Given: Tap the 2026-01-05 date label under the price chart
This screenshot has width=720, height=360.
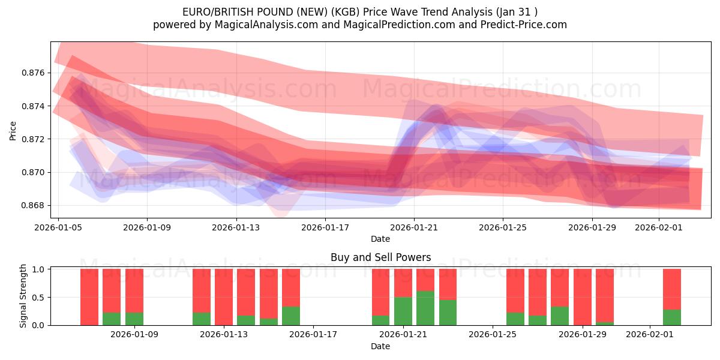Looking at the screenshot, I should click(x=58, y=227).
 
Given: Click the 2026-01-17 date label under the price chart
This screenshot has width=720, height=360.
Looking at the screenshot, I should click(x=325, y=227).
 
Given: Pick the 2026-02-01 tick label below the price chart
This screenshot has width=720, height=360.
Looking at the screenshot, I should click(x=659, y=227).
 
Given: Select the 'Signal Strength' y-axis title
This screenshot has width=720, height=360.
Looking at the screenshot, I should click(x=23, y=296).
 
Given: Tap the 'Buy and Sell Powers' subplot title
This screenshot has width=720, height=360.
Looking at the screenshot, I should click(x=380, y=257).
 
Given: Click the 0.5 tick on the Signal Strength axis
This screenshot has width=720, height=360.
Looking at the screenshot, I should click(x=37, y=298).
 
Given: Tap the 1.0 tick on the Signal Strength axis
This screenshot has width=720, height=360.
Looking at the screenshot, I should click(x=37, y=269).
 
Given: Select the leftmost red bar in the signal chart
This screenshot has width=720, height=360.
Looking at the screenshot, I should click(x=89, y=297).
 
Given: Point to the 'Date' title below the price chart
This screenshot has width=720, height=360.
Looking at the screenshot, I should click(x=380, y=239).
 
